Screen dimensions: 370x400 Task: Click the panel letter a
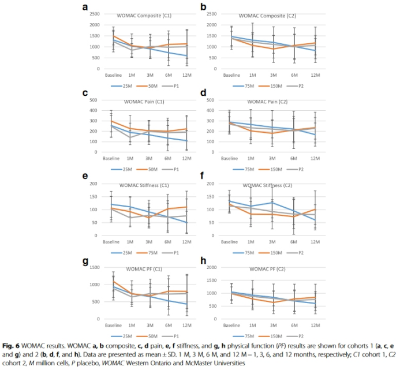coord(85,7)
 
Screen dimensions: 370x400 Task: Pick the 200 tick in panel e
coord(93,184)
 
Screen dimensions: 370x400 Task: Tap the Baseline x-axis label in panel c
coord(112,158)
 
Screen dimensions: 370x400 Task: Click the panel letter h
coord(203,261)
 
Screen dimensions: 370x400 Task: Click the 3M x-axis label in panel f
coord(274,242)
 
